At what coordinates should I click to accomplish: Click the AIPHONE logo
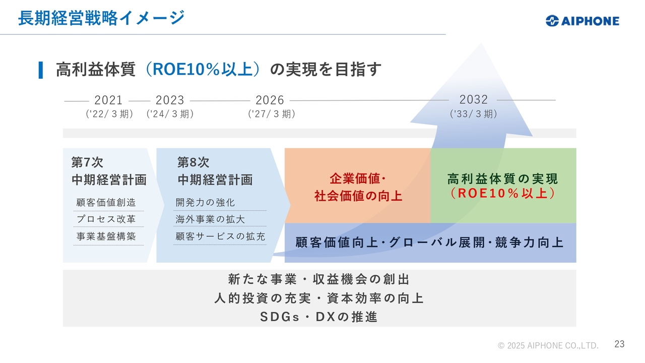[582, 21]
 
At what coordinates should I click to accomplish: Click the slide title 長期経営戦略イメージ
[101, 18]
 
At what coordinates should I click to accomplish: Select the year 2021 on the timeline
[108, 100]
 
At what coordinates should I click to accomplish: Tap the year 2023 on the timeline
[170, 100]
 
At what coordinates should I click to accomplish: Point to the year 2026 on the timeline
[270, 100]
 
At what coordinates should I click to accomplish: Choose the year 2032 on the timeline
[473, 100]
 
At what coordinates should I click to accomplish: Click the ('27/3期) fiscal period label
[272, 114]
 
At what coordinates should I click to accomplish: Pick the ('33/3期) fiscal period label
[473, 114]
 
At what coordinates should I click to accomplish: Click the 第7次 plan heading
[87, 162]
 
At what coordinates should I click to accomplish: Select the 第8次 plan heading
[193, 162]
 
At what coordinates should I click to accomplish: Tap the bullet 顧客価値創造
[106, 203]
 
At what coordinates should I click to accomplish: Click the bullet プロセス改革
[106, 219]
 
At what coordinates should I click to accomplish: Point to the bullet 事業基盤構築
[106, 236]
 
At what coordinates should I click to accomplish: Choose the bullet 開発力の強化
[205, 203]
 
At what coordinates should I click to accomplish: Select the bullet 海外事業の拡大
[210, 219]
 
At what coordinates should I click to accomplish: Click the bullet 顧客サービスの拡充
[220, 236]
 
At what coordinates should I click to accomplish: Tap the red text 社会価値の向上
[358, 196]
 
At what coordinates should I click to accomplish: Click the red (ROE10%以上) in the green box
[503, 193]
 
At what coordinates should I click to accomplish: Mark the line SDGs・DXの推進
[319, 317]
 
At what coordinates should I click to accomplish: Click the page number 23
[619, 344]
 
